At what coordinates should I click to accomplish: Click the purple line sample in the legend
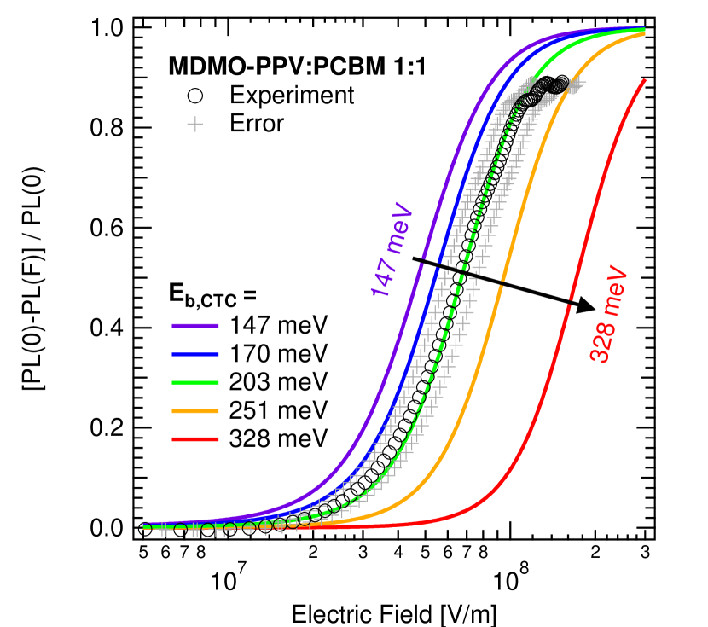(x=195, y=326)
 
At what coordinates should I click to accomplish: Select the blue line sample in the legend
(x=195, y=354)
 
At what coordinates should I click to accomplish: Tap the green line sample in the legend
(x=195, y=382)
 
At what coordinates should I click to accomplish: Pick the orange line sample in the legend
(x=195, y=411)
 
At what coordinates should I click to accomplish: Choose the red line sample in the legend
(x=195, y=439)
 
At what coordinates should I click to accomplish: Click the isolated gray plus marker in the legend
(x=194, y=125)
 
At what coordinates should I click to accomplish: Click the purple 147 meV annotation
(x=392, y=252)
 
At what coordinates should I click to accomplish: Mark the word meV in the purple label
(x=399, y=229)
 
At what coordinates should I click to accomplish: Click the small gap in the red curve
(x=570, y=303)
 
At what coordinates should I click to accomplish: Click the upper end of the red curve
(x=645, y=80)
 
